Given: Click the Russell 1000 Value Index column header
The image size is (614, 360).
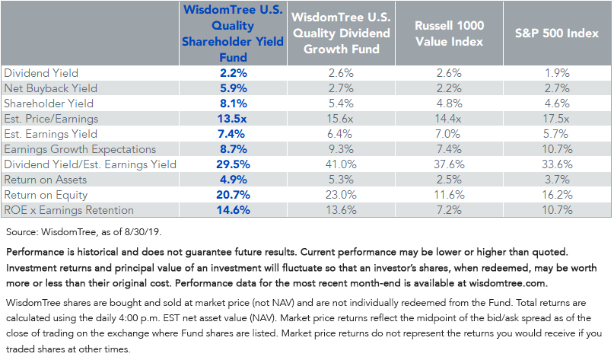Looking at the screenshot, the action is tap(449, 33).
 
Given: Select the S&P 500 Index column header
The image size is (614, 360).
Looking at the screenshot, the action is tap(557, 33).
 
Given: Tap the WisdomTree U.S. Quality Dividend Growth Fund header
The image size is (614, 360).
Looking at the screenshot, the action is tap(342, 33).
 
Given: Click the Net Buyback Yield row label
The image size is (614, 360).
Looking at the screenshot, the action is tap(50, 88).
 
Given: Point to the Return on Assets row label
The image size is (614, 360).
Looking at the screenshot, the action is tap(46, 180).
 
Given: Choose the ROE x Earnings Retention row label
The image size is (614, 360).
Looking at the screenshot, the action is tap(69, 210).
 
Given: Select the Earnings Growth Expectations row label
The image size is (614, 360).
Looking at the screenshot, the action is tap(80, 149).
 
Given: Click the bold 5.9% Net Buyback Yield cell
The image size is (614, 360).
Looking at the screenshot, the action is tap(234, 88).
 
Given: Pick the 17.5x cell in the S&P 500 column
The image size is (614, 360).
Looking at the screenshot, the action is tap(556, 119).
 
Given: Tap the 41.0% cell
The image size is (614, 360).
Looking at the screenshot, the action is tap(341, 164).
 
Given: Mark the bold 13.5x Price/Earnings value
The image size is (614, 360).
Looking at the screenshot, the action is tap(232, 119).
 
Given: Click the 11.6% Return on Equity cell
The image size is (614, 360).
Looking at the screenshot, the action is tap(449, 195).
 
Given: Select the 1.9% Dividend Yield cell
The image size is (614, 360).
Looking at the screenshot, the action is tap(557, 73).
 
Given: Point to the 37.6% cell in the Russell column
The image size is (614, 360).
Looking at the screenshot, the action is tap(449, 164).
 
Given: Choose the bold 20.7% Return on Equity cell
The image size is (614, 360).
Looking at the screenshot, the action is tap(234, 195).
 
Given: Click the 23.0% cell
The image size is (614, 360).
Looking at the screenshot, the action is tap(341, 195).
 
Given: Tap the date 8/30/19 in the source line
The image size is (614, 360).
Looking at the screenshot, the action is tap(142, 232).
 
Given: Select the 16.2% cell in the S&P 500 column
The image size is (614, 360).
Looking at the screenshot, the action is tap(557, 195).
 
